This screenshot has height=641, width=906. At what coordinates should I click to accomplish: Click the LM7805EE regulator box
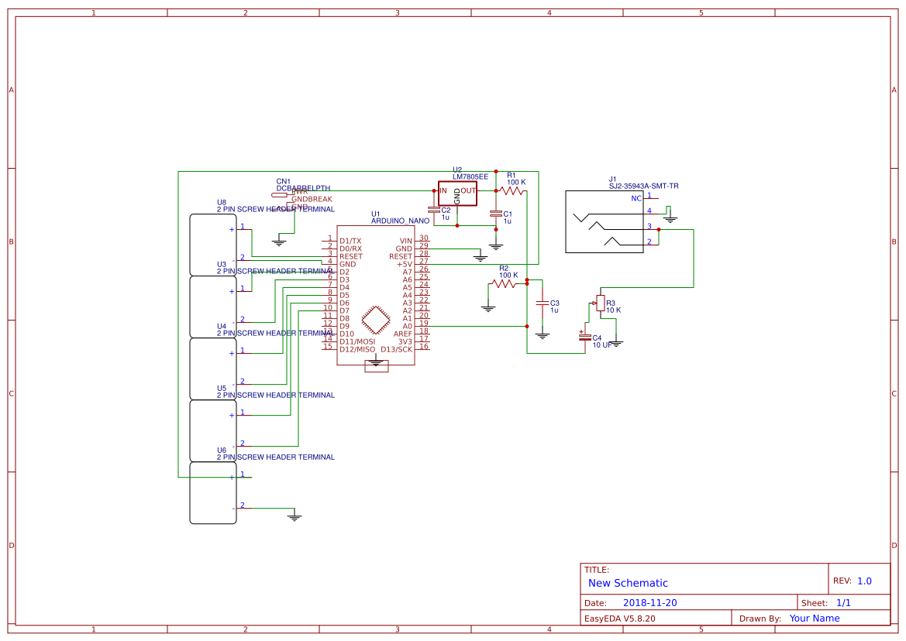point(457,194)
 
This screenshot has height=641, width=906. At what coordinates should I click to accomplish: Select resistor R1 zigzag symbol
point(512,190)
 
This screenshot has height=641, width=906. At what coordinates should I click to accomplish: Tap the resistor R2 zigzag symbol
point(504,284)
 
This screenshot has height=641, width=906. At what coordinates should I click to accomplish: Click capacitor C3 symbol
point(543,303)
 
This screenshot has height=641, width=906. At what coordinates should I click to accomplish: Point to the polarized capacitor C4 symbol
point(584,336)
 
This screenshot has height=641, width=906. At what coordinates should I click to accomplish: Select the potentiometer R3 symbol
point(600,303)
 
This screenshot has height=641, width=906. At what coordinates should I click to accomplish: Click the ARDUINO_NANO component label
point(400,221)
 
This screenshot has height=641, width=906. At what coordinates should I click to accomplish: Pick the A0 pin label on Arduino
point(406,326)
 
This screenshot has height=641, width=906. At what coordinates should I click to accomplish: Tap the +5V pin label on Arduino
point(404,264)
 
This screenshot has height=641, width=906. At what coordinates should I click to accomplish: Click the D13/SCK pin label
point(396,349)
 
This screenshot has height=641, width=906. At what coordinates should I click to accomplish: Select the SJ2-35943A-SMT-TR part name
point(643,186)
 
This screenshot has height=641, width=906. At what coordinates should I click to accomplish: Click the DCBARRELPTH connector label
point(303,188)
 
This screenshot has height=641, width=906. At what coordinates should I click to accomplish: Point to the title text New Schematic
point(628,583)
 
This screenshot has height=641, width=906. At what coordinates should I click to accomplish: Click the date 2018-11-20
point(649,603)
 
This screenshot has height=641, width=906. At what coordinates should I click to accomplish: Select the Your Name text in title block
point(814,619)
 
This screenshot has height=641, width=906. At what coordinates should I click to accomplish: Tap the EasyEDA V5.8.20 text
point(619,619)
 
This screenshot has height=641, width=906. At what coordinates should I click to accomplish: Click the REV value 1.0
point(864,581)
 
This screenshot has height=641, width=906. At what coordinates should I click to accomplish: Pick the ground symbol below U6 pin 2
point(294,516)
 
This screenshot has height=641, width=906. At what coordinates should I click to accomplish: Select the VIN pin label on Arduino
point(405,241)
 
